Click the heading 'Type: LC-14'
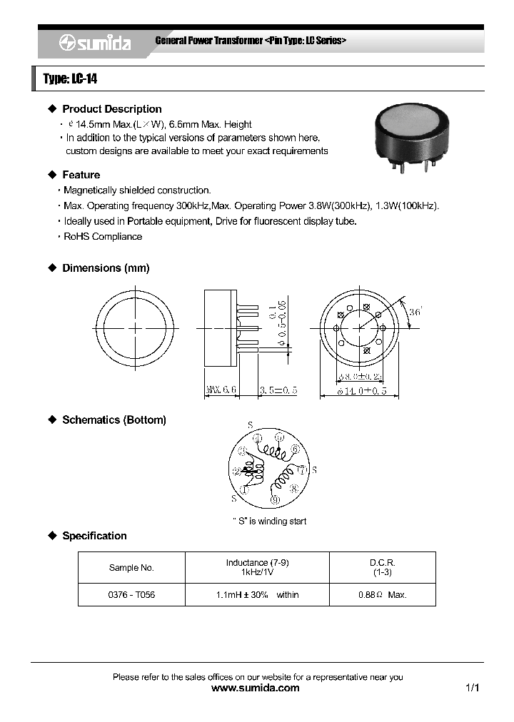70,78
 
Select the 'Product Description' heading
111,109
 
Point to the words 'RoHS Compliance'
103,236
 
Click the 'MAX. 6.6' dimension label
221,390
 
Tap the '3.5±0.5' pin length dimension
278,390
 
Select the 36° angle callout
416,312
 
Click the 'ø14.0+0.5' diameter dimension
357,390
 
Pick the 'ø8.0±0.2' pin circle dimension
359,375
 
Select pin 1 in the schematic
243,489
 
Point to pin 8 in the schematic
294,489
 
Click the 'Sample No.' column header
131,568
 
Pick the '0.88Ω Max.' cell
382,595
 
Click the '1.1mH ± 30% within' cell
257,595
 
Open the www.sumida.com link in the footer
256,688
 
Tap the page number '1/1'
471,688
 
